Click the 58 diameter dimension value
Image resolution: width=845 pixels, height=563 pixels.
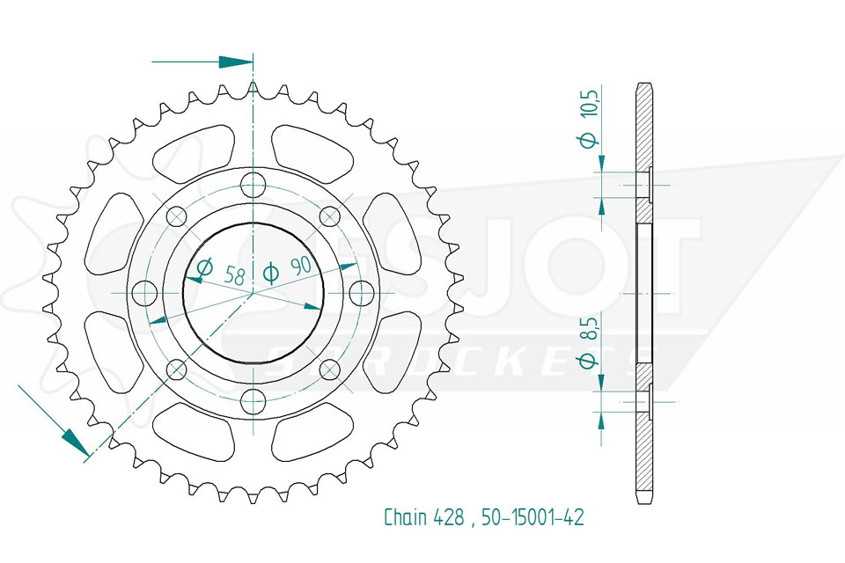pyautogui.click(x=234, y=276)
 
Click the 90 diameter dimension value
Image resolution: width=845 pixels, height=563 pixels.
pyautogui.click(x=301, y=267)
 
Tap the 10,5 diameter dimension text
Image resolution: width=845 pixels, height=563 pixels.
pyautogui.click(x=591, y=102)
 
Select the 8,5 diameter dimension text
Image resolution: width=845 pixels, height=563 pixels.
pyautogui.click(x=591, y=327)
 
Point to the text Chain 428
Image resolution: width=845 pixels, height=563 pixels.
pyautogui.click(x=423, y=517)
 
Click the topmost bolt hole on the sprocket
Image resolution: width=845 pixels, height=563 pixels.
pyautogui.click(x=253, y=186)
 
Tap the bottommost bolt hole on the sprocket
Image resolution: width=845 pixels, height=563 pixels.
pyautogui.click(x=253, y=401)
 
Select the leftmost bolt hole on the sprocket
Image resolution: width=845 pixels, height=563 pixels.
pyautogui.click(x=145, y=293)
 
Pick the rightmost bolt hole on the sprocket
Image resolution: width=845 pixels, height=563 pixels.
pyautogui.click(x=362, y=293)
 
